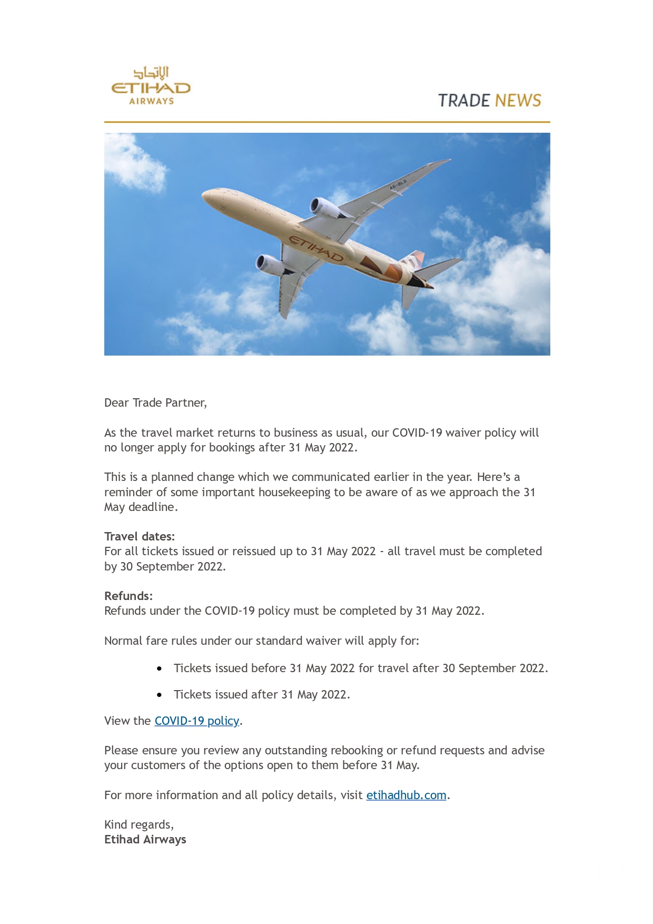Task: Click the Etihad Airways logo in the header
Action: (x=151, y=86)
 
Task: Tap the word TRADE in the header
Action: (x=462, y=101)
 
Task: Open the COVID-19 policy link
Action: (x=196, y=721)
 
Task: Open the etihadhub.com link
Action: (x=406, y=795)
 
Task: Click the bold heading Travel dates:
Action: (x=140, y=536)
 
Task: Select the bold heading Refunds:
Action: (x=128, y=596)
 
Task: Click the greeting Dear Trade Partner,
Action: (x=155, y=403)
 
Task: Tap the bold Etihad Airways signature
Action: (x=145, y=840)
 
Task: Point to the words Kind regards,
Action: (x=139, y=824)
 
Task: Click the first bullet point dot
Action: (x=159, y=669)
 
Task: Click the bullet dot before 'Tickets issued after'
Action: (x=159, y=695)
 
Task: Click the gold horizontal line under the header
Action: (x=327, y=122)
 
